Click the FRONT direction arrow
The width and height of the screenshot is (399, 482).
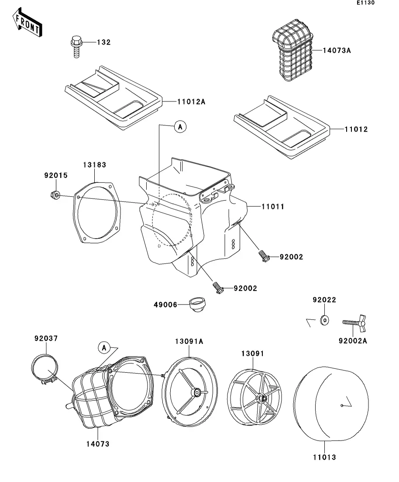point(28,22)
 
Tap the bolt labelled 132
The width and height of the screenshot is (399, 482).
point(76,46)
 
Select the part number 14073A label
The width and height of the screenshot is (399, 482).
point(337,50)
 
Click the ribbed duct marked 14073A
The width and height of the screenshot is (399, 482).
point(292,50)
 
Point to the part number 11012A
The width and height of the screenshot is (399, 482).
point(191,102)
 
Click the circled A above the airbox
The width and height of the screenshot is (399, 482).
point(180,127)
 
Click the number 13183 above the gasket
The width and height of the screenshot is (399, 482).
point(94,165)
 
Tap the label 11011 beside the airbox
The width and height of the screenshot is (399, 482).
point(273,207)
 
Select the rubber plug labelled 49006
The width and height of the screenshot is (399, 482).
point(196,304)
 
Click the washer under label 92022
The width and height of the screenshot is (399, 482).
point(324,320)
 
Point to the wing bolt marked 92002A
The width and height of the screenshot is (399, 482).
point(354,323)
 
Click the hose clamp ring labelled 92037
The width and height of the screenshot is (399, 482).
point(45,369)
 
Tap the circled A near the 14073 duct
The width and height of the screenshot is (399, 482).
point(104,348)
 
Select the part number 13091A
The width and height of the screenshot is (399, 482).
point(189,342)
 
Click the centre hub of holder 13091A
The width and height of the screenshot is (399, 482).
point(196,392)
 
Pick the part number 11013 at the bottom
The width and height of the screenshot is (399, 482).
point(324,458)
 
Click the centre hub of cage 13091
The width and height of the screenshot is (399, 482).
point(261,399)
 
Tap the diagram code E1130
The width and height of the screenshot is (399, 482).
point(365,3)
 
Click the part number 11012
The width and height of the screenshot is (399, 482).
point(356,129)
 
